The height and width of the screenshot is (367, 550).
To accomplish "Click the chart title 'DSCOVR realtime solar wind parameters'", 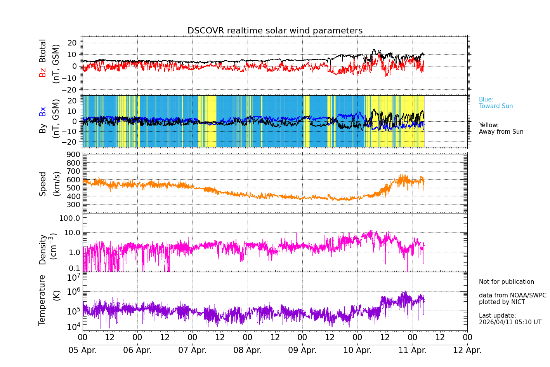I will coord(275,31).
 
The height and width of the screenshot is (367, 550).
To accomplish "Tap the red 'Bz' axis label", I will coord(43,72).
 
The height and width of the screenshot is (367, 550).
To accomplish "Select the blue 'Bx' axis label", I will coord(43,111).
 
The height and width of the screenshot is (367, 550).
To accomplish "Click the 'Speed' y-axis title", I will coord(43,184).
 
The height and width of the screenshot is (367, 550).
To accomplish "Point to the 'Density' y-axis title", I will coord(43,249).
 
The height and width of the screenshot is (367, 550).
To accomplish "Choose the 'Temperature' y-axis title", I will coord(42,300).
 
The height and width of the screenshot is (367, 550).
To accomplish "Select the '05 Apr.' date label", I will coord(83,350).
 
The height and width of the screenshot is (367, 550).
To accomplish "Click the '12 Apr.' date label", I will coord(467,350).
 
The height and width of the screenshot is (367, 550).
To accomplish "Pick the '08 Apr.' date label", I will coord(248,350).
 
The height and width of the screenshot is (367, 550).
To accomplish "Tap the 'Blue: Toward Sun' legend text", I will coord(496,103).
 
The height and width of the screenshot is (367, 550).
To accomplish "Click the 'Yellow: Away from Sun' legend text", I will coord(501,129).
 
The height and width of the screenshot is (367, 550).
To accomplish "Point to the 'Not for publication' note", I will coord(506,282).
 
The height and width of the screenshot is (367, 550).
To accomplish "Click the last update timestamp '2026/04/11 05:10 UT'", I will coord(510,322).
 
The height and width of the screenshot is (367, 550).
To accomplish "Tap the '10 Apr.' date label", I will coord(357,350).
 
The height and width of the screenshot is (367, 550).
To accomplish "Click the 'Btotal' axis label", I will coord(43,51).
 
